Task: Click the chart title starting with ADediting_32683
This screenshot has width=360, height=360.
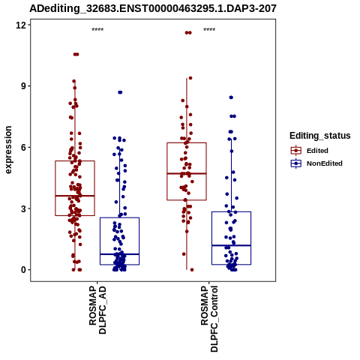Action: pyautogui.click(x=153, y=8)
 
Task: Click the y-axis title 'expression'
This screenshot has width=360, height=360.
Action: pyautogui.click(x=8, y=150)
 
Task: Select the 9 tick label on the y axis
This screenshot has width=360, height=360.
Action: pyautogui.click(x=23, y=86)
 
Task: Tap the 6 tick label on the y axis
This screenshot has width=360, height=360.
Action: pyautogui.click(x=23, y=147)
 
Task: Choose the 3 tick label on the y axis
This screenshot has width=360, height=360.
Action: pyautogui.click(x=23, y=208)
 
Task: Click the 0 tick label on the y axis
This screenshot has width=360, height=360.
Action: pyautogui.click(x=23, y=270)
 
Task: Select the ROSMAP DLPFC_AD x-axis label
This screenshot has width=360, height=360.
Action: pyautogui.click(x=97, y=310)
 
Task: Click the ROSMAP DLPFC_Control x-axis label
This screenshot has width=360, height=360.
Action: pyautogui.click(x=209, y=319)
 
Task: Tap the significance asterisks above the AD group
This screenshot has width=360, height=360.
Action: pyautogui.click(x=97, y=30)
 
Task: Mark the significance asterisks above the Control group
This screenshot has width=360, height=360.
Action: pyautogui.click(x=209, y=30)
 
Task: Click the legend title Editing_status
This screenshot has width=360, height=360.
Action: pyautogui.click(x=320, y=136)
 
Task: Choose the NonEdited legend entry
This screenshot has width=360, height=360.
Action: pyautogui.click(x=316, y=163)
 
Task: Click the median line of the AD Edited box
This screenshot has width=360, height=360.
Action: pyautogui.click(x=75, y=196)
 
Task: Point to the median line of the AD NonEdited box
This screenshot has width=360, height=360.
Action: pyautogui.click(x=119, y=254)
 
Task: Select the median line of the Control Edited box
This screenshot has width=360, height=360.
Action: pyautogui.click(x=187, y=173)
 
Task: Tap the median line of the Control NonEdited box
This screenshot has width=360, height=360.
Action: pyautogui.click(x=231, y=245)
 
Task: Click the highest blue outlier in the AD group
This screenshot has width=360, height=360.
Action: pyautogui.click(x=120, y=92)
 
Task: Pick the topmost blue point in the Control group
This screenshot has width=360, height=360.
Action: pyautogui.click(x=231, y=97)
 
